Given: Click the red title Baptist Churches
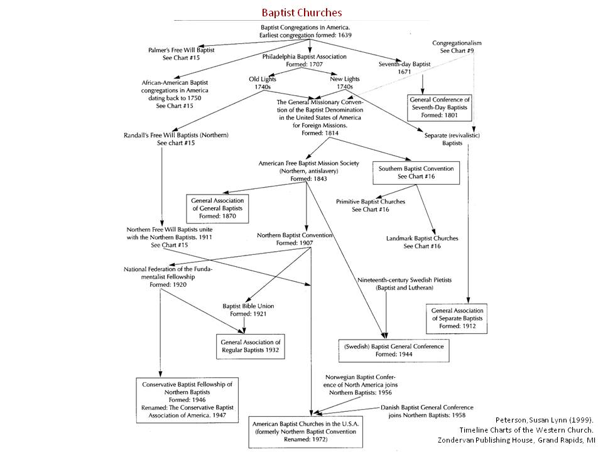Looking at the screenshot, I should [x=301, y=13].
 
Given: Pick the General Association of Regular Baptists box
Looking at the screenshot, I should [x=249, y=345].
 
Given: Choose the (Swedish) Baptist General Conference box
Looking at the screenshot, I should [x=394, y=350].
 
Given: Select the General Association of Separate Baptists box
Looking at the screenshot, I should [x=459, y=318].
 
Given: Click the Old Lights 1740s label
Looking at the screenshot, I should [x=263, y=83].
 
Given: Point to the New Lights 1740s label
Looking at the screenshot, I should [x=342, y=83].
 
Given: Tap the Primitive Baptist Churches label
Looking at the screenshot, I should [x=370, y=205].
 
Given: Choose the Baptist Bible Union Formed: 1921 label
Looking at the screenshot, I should [x=248, y=310].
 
